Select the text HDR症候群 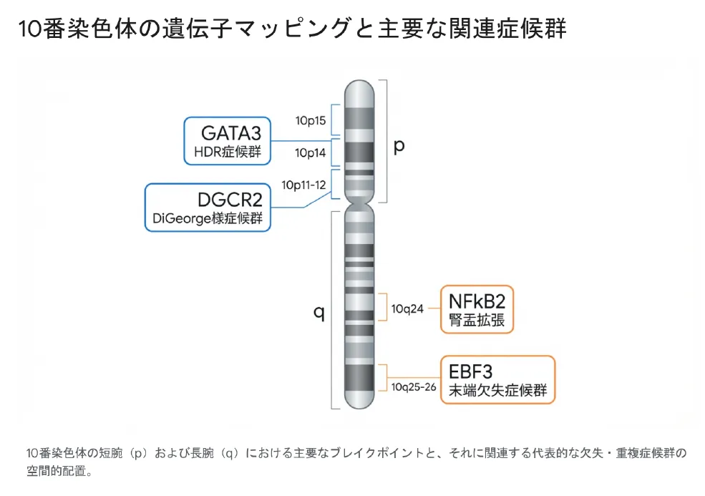click(x=228, y=152)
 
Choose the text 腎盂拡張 click(x=477, y=320)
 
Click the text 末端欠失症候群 click(x=497, y=391)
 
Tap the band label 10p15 click(x=311, y=120)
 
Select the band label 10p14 click(x=311, y=152)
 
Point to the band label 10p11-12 click(x=303, y=185)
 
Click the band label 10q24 click(x=407, y=309)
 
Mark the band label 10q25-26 click(x=414, y=387)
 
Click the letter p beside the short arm click(x=399, y=145)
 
